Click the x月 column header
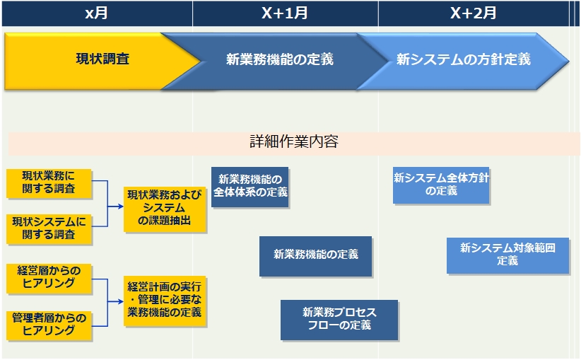97,13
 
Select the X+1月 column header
286,13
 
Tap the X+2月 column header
474,13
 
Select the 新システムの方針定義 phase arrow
463,61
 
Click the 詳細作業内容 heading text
294,141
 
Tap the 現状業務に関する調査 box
49,183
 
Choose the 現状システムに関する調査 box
49,229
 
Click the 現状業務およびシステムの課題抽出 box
165,209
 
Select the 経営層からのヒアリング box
49,279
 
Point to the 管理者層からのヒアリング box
49,325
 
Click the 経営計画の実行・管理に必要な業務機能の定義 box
165,301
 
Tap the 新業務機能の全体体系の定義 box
250,187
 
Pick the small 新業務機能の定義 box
315,256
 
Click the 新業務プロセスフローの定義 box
339,320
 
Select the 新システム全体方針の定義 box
441,185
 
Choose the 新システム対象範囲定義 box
507,255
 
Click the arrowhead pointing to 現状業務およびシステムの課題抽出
120,206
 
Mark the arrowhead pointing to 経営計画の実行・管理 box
120,301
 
